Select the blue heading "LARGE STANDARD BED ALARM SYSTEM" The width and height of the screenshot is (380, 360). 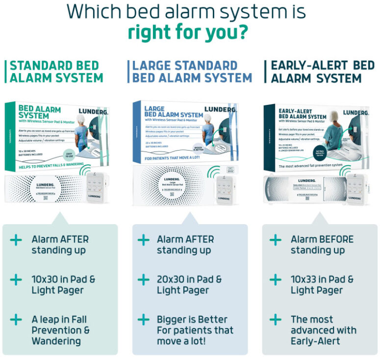pos(192,72)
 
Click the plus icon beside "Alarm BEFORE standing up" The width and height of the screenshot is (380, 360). pos(276,240)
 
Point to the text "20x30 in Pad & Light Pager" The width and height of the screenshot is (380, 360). pos(189,285)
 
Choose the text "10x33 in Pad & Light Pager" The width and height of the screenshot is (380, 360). pos(322,285)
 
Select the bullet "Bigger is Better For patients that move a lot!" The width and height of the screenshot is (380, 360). pos(195,330)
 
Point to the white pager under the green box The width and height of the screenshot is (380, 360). pos(97,189)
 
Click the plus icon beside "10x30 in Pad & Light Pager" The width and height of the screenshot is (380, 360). pos(16,280)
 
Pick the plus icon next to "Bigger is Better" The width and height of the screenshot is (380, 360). pos(143,320)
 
